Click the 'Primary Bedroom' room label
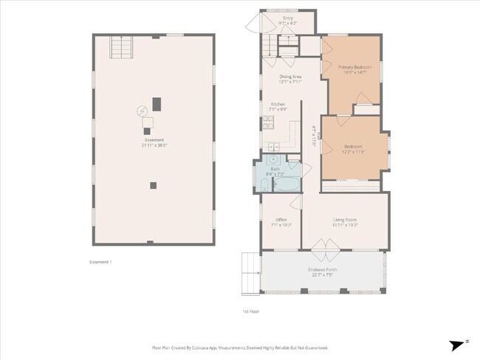[356, 67]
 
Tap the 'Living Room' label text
[345, 219]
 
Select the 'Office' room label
[281, 219]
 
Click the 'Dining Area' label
[289, 77]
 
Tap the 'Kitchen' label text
[278, 104]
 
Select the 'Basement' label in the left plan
[154, 140]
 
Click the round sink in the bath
[272, 159]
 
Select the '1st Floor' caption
[250, 311]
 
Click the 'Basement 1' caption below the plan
[100, 261]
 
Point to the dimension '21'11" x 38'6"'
[154, 145]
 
